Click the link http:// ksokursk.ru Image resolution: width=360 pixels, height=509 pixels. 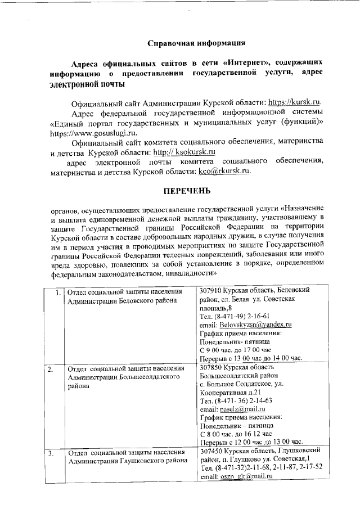click(186, 152)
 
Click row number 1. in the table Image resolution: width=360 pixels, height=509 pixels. click(58, 291)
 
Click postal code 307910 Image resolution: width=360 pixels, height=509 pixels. click(210, 291)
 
